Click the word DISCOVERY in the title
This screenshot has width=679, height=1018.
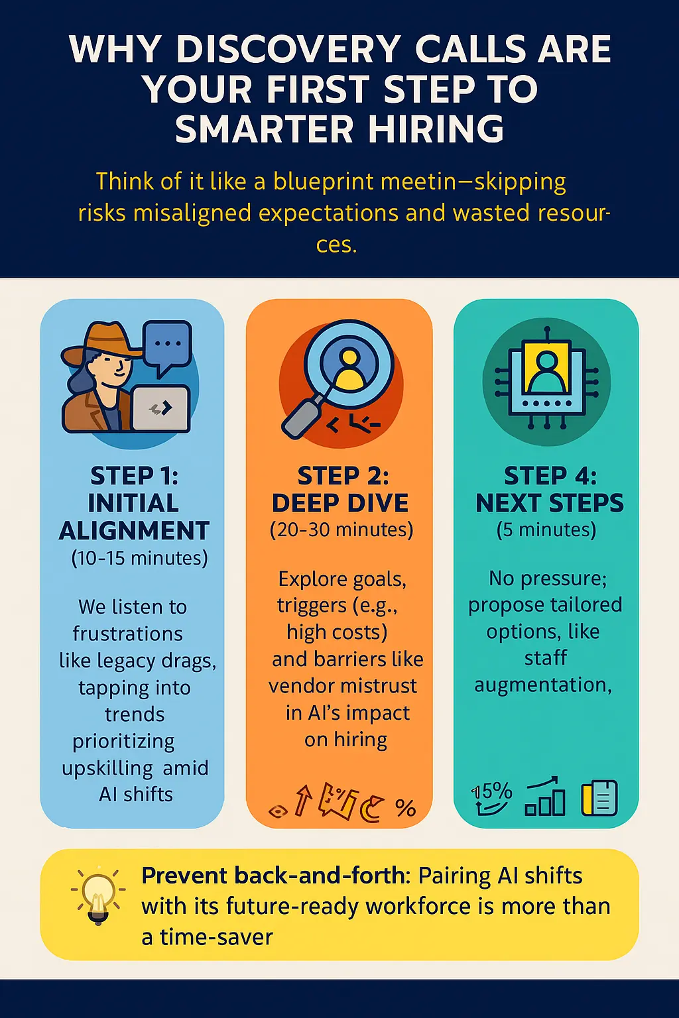(288, 50)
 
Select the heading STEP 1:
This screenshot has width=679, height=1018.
(134, 476)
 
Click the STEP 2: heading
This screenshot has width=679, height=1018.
(343, 476)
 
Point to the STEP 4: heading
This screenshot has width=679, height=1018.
(550, 476)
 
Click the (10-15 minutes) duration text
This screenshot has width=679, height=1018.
(139, 558)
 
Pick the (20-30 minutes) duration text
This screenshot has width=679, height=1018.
(341, 530)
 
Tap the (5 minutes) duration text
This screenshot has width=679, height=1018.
(546, 530)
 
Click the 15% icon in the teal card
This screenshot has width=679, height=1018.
(492, 797)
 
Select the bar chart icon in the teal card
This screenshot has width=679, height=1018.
(545, 797)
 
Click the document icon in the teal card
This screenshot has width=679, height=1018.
(599, 797)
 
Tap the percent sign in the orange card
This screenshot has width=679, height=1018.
(405, 807)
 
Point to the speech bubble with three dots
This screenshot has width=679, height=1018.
(167, 346)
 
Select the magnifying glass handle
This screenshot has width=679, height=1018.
(302, 416)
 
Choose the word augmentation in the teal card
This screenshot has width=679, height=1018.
(542, 685)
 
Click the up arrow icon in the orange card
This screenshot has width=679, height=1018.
(303, 799)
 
